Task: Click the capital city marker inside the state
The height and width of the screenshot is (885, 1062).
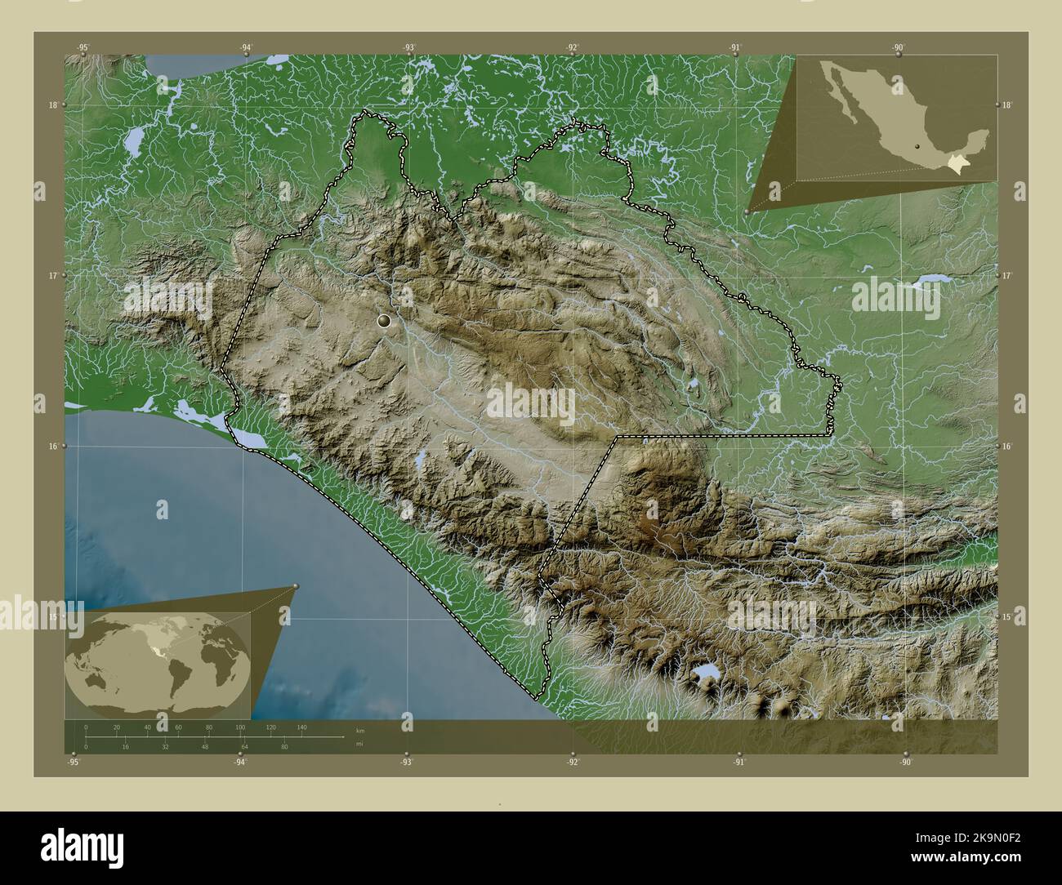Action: [385, 322]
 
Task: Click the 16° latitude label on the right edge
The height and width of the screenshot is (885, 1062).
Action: [1007, 447]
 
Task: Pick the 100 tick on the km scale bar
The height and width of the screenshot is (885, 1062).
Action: [239, 727]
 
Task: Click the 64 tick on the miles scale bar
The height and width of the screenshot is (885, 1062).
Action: [244, 746]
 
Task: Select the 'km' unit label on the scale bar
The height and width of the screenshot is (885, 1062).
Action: [359, 730]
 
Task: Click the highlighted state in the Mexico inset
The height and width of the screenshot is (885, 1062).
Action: [960, 166]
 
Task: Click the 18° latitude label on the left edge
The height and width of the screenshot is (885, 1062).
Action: [53, 105]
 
